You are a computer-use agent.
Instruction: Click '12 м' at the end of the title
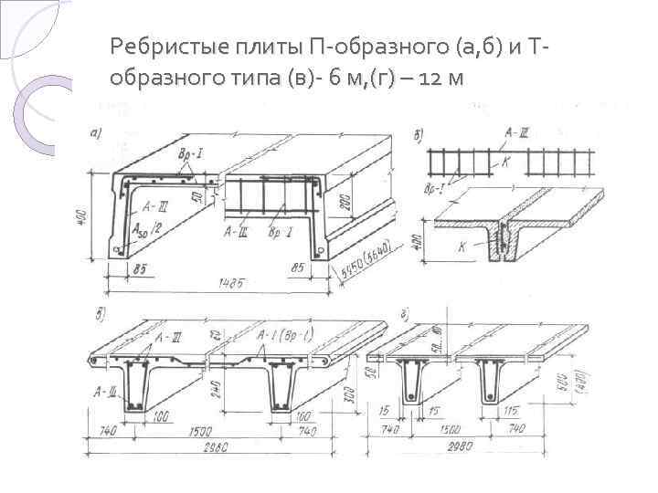[x=444, y=79]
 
